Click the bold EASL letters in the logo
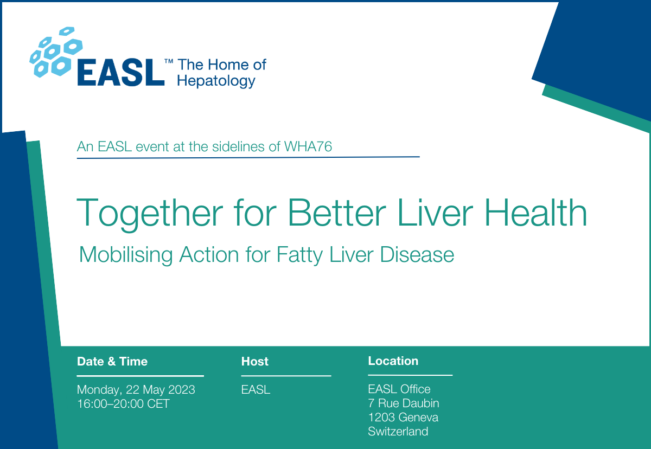pyautogui.click(x=120, y=73)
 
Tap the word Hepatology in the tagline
pyautogui.click(x=216, y=81)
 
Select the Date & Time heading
pyautogui.click(x=112, y=362)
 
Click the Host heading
pyautogui.click(x=255, y=362)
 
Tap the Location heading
pyautogui.click(x=393, y=361)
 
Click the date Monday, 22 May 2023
pyautogui.click(x=136, y=390)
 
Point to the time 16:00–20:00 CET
pyautogui.click(x=123, y=404)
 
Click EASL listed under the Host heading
pyautogui.click(x=256, y=390)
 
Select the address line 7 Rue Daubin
pyautogui.click(x=404, y=403)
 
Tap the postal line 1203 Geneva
pyautogui.click(x=403, y=418)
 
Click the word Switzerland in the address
pyautogui.click(x=398, y=432)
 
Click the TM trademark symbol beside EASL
pyautogui.click(x=169, y=62)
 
